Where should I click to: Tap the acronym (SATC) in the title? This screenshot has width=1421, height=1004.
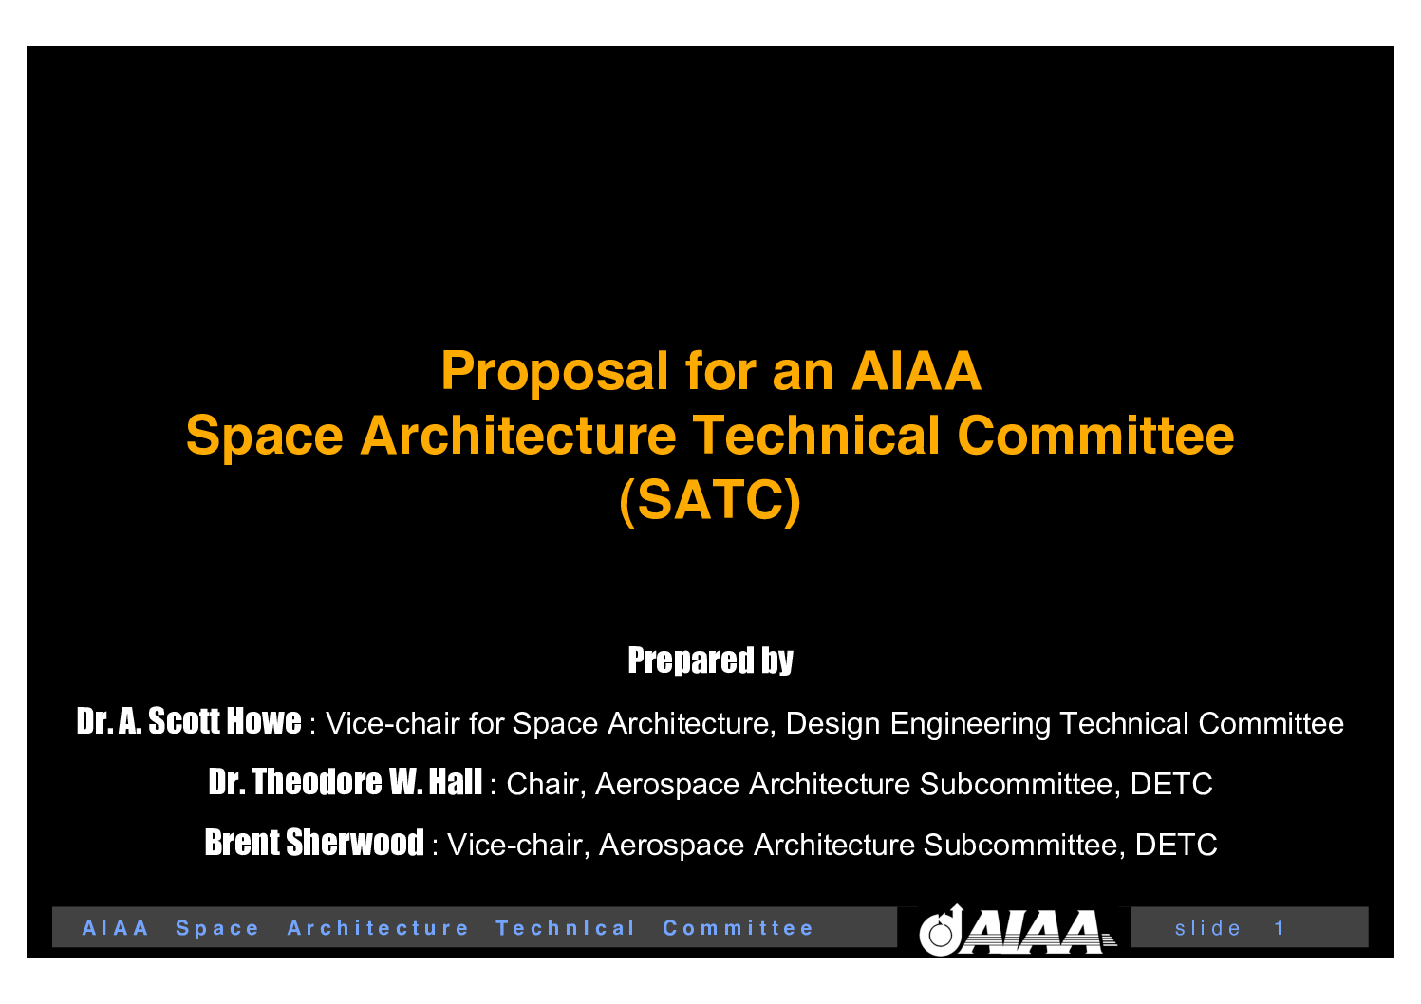(710, 501)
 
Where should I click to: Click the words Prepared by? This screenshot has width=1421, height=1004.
(710, 660)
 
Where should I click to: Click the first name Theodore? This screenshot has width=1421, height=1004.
(316, 781)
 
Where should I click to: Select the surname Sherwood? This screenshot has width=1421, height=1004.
(355, 843)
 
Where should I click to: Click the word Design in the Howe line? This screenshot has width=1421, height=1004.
(832, 724)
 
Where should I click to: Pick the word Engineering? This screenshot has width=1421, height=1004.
(970, 724)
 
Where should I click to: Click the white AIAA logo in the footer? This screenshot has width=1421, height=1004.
(1018, 931)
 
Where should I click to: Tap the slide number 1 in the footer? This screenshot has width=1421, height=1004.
(1279, 928)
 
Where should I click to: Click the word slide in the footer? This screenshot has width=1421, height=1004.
(1207, 928)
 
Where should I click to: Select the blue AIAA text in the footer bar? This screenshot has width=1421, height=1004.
(116, 928)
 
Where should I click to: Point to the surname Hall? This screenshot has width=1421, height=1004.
(456, 781)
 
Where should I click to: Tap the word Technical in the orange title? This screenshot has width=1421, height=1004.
(815, 436)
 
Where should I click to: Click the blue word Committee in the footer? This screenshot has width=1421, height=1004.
(738, 928)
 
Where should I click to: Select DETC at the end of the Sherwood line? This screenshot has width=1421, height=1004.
(1175, 845)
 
